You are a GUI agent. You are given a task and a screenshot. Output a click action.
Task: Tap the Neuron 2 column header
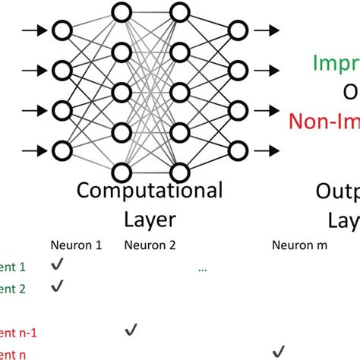(150, 245)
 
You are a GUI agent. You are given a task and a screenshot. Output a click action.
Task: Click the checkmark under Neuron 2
(131, 329)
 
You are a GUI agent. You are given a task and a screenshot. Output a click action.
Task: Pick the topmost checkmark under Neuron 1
(55, 265)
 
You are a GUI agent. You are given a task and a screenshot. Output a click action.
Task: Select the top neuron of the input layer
(61, 31)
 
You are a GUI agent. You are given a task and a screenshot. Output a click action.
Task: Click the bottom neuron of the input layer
(61, 148)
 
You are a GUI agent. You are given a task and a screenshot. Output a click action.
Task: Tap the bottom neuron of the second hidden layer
(179, 169)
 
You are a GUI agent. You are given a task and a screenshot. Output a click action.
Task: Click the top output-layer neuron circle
(238, 31)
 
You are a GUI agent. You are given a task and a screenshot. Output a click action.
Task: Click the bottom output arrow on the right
(267, 148)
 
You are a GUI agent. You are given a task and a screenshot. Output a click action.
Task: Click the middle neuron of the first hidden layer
(120, 90)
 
